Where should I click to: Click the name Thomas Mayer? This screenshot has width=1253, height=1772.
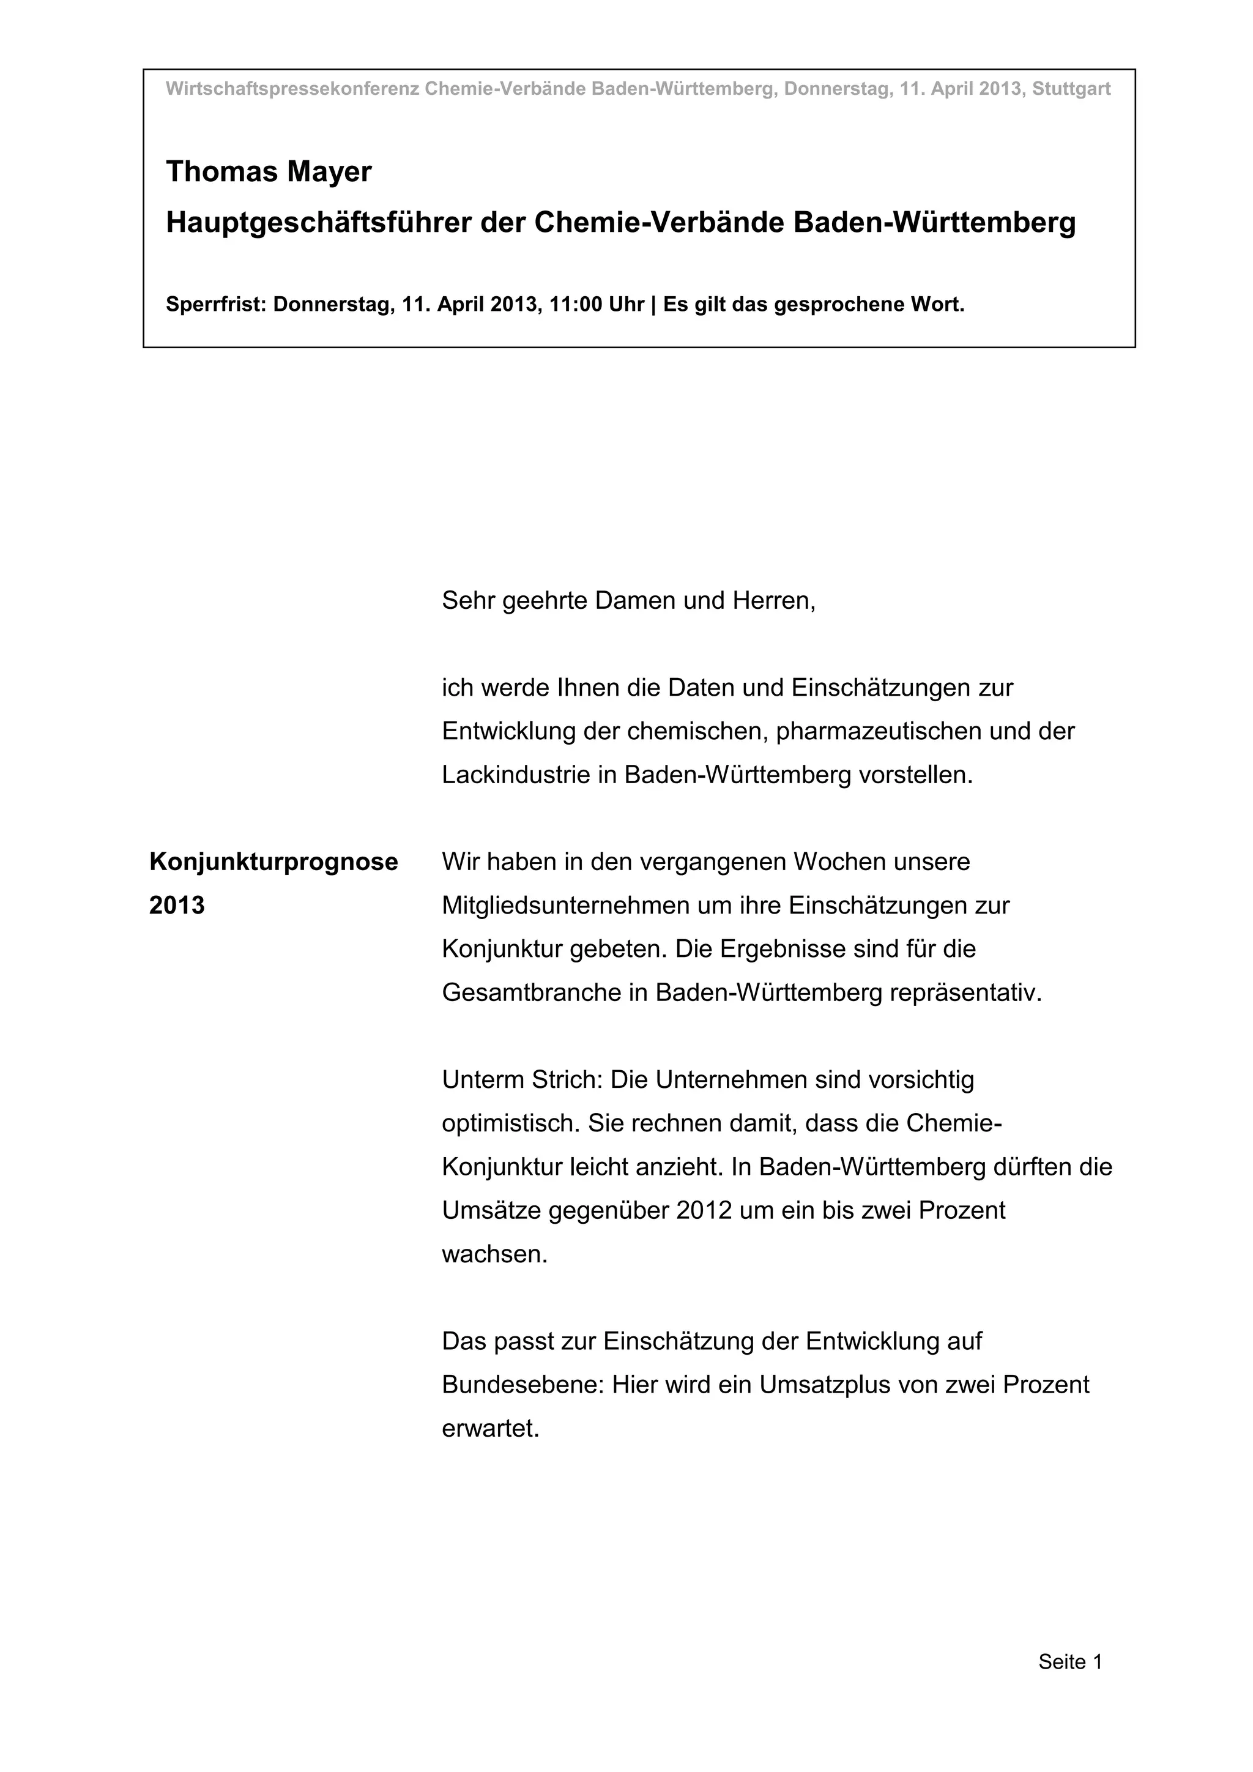point(269,172)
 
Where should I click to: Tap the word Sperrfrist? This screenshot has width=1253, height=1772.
point(215,305)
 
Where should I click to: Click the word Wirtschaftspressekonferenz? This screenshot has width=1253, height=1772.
point(292,89)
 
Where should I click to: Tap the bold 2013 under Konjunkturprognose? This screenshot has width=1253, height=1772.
point(177,906)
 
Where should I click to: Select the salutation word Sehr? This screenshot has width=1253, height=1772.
point(467,600)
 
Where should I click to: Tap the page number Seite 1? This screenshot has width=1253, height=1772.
point(1070,1662)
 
